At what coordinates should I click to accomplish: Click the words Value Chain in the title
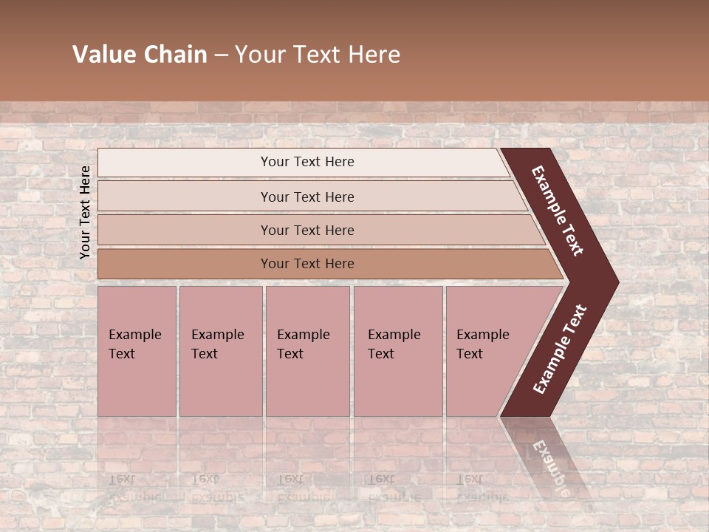[x=140, y=55]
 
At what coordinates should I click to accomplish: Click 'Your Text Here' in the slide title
[x=318, y=55]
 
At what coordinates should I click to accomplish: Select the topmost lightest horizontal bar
[x=185, y=163]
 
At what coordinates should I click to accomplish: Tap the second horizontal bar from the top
[x=185, y=197]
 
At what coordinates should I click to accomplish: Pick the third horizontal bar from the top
[x=185, y=230]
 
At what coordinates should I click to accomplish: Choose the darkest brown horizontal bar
[x=185, y=264]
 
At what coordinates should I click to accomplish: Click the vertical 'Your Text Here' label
[x=85, y=212]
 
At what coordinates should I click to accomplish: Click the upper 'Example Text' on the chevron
[x=558, y=211]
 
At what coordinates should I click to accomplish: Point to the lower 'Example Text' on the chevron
[x=560, y=349]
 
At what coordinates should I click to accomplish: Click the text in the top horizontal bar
[x=307, y=162]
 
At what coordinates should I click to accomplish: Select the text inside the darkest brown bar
[x=307, y=264]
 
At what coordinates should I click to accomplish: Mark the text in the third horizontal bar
[x=307, y=231]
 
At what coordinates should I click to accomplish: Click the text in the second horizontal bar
[x=307, y=197]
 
